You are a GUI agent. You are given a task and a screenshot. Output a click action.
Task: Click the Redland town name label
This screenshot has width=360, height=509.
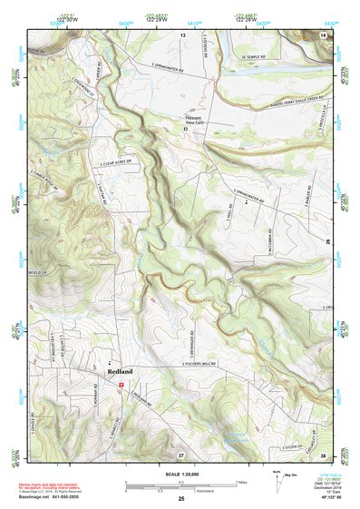120,372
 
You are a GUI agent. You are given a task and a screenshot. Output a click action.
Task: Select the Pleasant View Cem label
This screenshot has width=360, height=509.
190,121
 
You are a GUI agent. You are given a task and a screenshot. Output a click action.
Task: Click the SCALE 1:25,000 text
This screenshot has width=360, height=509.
180,475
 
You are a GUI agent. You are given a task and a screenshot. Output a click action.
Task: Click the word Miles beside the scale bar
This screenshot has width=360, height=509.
241,482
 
